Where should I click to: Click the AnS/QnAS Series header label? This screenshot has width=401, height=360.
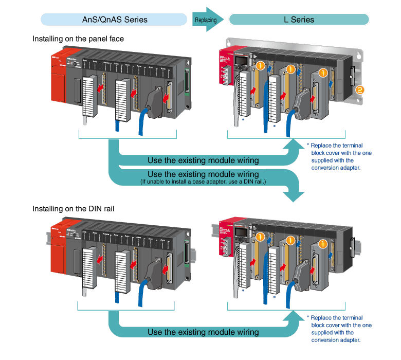[115, 20]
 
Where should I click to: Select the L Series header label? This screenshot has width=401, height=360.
[299, 20]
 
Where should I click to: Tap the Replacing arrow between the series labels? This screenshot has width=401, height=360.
[208, 20]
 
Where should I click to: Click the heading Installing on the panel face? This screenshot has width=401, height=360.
[78, 39]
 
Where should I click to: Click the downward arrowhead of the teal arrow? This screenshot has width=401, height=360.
[295, 194]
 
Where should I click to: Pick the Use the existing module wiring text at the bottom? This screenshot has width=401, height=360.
[203, 332]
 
